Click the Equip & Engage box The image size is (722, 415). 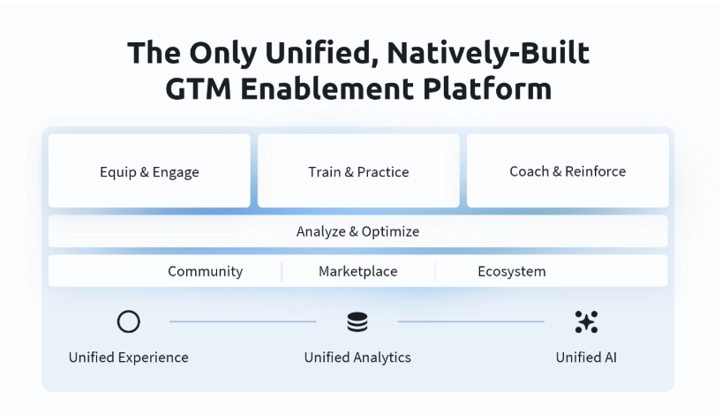click(149, 171)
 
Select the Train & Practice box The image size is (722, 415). click(358, 171)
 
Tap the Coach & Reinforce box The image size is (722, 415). click(568, 171)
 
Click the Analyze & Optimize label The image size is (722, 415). click(357, 231)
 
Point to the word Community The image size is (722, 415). click(206, 271)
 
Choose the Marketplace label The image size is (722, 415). click(357, 271)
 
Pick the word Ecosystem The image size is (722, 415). click(512, 271)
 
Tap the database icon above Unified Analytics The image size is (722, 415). click(357, 322)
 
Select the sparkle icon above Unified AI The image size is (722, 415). click(586, 322)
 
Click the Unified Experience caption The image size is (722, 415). click(129, 358)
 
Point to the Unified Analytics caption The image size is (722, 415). click(357, 358)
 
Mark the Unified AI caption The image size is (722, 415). click(586, 358)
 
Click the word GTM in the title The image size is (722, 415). click(198, 88)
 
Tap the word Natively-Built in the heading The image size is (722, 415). click(488, 53)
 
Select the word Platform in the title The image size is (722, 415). click(487, 88)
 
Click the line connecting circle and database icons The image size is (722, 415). click(243, 321)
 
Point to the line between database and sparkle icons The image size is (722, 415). click(471, 321)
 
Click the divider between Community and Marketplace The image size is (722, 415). click(282, 271)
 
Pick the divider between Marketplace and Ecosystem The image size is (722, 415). click(434, 271)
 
